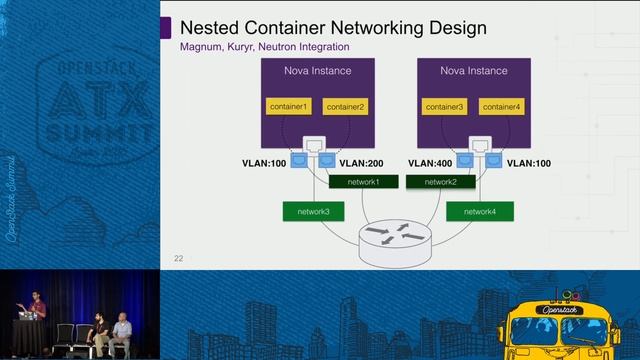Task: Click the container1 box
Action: click(289, 106)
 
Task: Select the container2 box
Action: click(345, 106)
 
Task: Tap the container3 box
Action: click(445, 106)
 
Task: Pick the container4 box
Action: click(501, 106)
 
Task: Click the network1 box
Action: click(363, 182)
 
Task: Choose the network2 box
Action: click(440, 182)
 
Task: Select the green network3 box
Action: click(313, 212)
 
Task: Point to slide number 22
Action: click(179, 258)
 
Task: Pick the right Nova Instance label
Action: click(473, 71)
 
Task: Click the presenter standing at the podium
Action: click(35, 305)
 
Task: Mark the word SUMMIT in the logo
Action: click(91, 134)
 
